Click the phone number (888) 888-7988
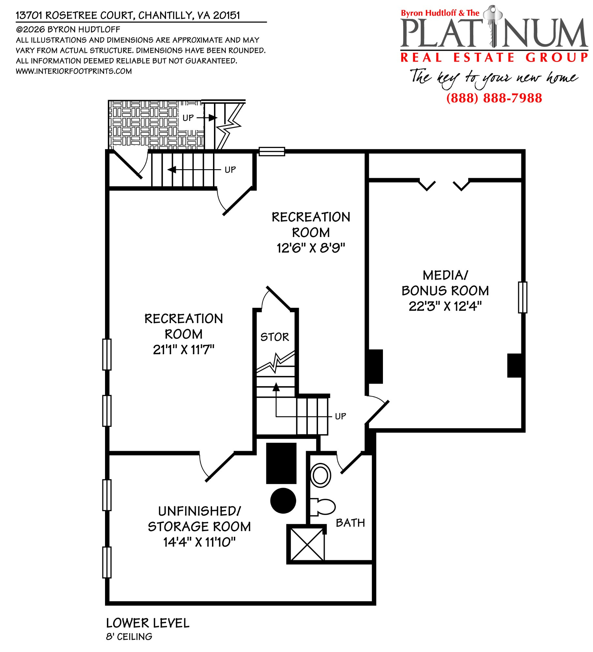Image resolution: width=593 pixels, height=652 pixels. pos(494,98)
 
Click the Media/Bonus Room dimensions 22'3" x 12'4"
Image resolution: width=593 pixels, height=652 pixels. pos(445,306)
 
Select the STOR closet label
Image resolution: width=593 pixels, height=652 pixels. pos(275,337)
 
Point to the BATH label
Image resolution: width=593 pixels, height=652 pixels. pos(350,523)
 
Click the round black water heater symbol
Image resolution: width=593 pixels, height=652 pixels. pos(283,501)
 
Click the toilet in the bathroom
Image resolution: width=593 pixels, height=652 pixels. pos(323,507)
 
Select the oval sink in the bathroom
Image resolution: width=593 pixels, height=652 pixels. pos(321,475)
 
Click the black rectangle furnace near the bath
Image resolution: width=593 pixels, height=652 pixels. pos(281,463)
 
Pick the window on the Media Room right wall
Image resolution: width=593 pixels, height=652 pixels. pos(523,297)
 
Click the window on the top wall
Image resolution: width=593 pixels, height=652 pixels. pos(272,152)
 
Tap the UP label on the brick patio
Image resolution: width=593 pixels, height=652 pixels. pos(188,118)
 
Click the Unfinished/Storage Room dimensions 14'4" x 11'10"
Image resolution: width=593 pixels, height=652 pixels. pos(199,542)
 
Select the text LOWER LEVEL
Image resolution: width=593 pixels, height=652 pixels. pos(148,623)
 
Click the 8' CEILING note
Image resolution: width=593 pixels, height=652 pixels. pos(129,637)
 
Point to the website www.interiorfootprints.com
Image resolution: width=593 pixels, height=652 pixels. pos(74,71)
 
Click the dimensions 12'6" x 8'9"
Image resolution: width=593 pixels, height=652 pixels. pos(311,248)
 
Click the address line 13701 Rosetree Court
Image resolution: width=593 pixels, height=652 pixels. pos(128,15)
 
